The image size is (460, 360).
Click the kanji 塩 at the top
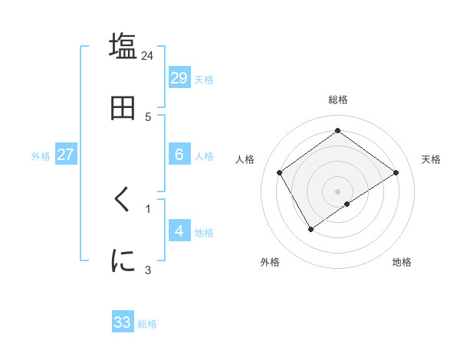123,46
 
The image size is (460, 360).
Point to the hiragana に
123,261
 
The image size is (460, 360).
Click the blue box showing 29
179,77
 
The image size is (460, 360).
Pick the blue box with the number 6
179,154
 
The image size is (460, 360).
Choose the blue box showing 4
179,231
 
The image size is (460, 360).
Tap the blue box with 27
65,154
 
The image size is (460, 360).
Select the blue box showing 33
123,322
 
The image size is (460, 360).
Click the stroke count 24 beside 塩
148,56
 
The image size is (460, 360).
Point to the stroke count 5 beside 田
148,117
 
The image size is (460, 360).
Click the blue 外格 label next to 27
41,156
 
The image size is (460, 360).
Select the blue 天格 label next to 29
203,80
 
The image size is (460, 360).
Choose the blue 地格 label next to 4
203,233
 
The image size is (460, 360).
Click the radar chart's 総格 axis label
337,100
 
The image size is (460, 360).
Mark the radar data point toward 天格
396,172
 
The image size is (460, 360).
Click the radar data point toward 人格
279,172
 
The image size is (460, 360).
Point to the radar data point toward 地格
347,204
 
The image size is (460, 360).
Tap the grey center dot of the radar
337,191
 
